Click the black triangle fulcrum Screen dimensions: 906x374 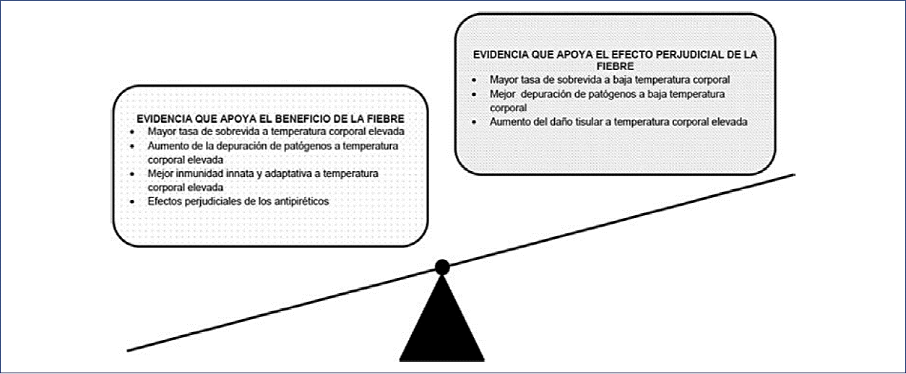point(442,325)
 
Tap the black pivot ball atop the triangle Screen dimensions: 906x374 point(442,267)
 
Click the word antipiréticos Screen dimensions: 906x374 point(298,201)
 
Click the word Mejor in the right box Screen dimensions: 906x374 point(503,94)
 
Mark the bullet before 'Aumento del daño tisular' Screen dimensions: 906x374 point(473,123)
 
